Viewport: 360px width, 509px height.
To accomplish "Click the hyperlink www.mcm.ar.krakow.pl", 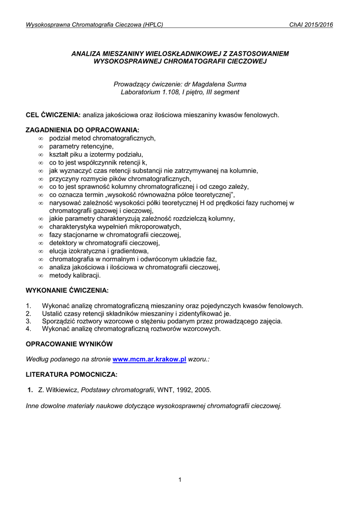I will pos(150,359).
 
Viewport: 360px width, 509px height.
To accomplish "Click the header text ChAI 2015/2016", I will pos(311,24).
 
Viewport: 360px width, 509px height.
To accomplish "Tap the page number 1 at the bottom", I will pos(180,479).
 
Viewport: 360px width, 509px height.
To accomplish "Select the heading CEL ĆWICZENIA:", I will pos(53,115).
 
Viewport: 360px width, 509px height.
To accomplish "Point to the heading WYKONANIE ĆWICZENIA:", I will pos(67,290).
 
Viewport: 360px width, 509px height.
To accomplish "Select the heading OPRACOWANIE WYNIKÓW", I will pos(69,344).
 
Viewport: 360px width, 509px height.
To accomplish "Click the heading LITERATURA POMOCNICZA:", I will pos(72,374).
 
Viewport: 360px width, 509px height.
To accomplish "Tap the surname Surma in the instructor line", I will pos(236,84).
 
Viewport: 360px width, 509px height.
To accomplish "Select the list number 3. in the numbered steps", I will pos(28,321).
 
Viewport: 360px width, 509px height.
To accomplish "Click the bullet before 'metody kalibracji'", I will pos(41,275).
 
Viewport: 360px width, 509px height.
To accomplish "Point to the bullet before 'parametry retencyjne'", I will pos(41,147).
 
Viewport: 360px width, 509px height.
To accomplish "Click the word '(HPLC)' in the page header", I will pos(153,24).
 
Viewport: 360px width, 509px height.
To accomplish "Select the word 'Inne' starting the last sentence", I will pos(33,406).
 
